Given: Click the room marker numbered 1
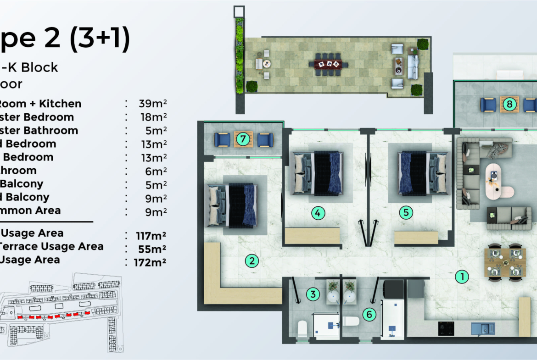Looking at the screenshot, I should (x=461, y=277).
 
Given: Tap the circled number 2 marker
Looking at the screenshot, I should (x=252, y=261).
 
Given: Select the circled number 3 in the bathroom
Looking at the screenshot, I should (x=313, y=294).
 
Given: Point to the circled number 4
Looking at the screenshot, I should (x=318, y=213).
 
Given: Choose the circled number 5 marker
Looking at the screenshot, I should (x=406, y=213).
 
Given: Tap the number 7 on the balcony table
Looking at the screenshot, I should (x=244, y=139).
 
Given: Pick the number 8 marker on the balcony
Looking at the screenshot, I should (x=509, y=104).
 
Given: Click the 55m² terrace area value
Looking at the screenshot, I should (x=151, y=249).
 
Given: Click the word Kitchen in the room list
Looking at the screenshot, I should (x=60, y=104).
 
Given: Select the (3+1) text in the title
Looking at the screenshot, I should (x=99, y=39).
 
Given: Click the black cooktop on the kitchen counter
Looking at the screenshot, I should (x=446, y=328).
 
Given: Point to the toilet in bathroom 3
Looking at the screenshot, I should (x=302, y=328).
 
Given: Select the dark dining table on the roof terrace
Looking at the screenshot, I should (x=328, y=64).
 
